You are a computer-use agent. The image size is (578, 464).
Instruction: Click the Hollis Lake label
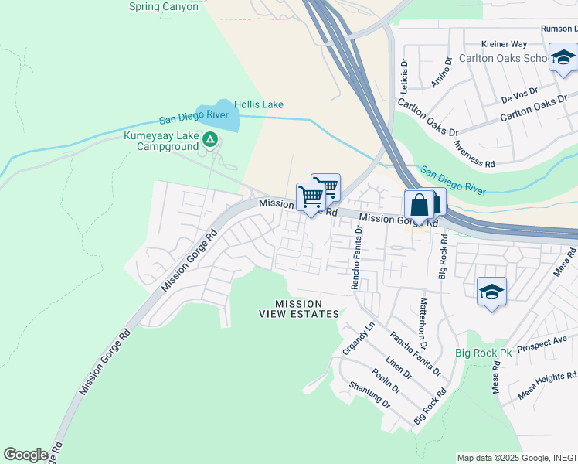pyautogui.click(x=258, y=104)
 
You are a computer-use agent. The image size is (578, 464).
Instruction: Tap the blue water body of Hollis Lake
pyautogui.click(x=213, y=116)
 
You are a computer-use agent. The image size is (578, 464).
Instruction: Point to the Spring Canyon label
pyautogui.click(x=164, y=7)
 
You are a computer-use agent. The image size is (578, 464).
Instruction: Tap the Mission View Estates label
pyautogui.click(x=298, y=309)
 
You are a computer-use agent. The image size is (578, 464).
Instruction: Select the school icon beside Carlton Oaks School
pyautogui.click(x=563, y=58)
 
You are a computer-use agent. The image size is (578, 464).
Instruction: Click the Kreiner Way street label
pyautogui.click(x=503, y=45)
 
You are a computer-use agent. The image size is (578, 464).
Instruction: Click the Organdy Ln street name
pyautogui.click(x=362, y=337)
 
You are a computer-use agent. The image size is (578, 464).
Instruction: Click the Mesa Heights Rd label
pyautogui.click(x=547, y=384)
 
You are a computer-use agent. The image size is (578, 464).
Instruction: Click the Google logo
pyautogui.click(x=25, y=454)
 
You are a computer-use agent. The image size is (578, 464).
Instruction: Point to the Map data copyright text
pyautogui.click(x=515, y=458)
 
